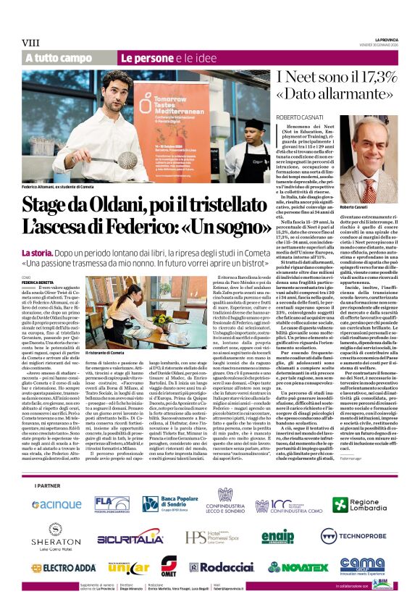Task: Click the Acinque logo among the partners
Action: tap(56, 504)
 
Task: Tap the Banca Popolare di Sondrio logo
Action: tap(176, 504)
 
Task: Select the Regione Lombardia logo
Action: tap(365, 504)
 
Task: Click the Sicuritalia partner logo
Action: tap(130, 537)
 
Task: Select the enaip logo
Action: tap(278, 537)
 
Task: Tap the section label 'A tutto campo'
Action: tap(59, 58)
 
